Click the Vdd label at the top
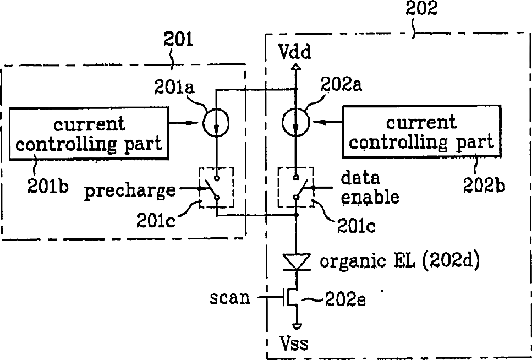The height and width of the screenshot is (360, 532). point(295,52)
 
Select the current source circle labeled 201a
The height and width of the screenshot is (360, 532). point(216,122)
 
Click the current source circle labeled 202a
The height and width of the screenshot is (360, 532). point(296,122)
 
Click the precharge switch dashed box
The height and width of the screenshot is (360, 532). point(216,188)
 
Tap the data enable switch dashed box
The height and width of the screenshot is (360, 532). point(296,188)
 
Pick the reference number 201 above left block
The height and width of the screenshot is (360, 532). point(178,40)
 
